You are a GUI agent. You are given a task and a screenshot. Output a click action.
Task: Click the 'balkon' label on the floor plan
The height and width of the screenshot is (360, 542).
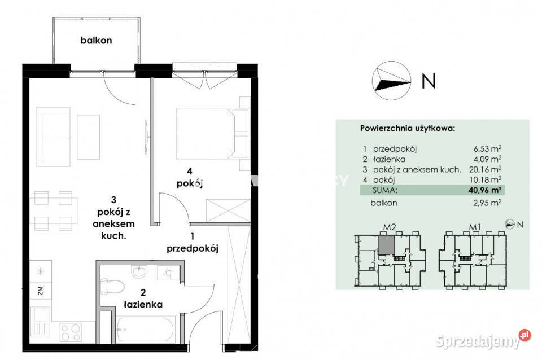96,41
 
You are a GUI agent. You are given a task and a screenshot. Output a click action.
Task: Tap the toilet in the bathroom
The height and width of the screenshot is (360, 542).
112,286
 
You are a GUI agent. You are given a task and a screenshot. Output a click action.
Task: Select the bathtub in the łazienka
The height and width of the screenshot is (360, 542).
145,329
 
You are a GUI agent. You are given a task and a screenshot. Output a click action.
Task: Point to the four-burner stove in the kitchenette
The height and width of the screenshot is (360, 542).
71,332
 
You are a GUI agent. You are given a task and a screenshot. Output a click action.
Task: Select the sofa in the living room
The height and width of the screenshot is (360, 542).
54,137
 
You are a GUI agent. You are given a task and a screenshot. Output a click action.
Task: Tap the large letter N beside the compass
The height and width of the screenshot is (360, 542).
429,81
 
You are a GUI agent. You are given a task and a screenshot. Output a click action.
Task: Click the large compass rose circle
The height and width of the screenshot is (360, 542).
392,81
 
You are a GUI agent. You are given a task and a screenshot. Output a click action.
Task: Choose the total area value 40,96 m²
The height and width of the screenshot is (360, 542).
486,190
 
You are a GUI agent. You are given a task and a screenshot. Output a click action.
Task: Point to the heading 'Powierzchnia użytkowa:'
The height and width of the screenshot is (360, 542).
408,129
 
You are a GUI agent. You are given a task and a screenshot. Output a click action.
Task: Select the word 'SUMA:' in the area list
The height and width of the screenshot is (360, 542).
385,190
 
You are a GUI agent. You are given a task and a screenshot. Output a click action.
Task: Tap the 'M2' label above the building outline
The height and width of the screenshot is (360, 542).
390,227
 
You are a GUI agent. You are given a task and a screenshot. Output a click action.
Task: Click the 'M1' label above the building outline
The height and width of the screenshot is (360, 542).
475,227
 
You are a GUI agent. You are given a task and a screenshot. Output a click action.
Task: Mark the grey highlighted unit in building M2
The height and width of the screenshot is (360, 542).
386,244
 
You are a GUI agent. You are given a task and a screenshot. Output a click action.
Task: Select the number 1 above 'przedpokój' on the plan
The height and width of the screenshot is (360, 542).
192,236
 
